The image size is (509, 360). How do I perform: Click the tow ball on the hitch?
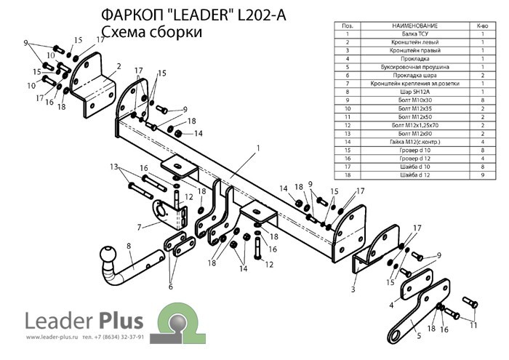click(x=107, y=256)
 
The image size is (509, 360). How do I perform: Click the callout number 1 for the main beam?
click(x=257, y=148)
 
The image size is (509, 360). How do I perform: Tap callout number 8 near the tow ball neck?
click(x=129, y=247)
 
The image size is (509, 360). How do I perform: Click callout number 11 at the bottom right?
click(x=474, y=325)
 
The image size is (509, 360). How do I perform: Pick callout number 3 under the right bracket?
click(x=353, y=289)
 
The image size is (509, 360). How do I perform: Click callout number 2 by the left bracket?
click(x=118, y=66)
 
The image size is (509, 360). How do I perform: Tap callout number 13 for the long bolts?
click(x=114, y=167)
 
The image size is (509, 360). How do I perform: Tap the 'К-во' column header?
click(x=481, y=25)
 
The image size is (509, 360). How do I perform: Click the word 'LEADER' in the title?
click(x=182, y=16)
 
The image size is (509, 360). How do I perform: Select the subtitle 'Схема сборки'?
click(x=151, y=33)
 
